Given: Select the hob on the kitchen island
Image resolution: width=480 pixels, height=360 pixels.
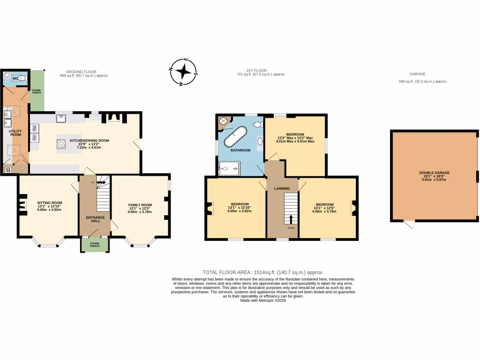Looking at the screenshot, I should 61,144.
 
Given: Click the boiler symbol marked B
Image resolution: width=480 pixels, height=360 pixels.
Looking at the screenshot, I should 7,170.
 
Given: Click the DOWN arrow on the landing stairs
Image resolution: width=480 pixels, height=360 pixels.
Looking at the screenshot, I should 291,219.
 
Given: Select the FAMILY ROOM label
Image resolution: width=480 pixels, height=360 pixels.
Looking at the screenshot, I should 140,205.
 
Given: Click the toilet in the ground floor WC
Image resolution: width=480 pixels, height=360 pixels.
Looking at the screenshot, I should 21,78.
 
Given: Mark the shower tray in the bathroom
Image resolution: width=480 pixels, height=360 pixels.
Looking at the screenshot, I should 229,168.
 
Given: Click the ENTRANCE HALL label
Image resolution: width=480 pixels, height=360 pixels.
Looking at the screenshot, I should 95,219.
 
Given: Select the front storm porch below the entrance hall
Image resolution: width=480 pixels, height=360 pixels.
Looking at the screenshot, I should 95,244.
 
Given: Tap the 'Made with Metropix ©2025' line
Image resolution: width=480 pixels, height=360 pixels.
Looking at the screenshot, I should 262,300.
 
